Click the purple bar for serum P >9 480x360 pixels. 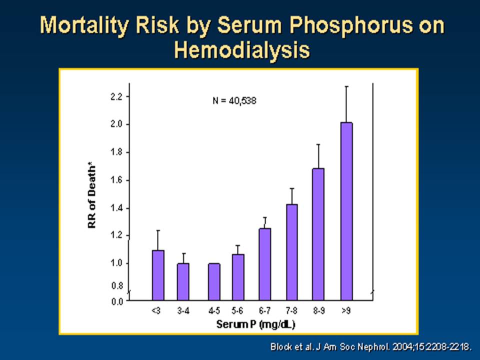(346, 211)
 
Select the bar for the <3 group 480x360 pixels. (158, 275)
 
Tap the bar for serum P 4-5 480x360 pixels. (214, 281)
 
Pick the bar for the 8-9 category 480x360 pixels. (318, 234)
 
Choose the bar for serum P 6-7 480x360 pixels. (265, 264)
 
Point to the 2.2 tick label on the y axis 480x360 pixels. (116, 96)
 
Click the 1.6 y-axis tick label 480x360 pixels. (116, 180)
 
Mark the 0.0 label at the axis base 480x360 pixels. (117, 302)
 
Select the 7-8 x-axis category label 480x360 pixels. (291, 311)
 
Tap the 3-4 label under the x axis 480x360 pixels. (183, 311)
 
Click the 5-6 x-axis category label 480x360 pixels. (237, 311)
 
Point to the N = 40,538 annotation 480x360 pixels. (234, 100)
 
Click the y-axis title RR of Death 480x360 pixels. (91, 197)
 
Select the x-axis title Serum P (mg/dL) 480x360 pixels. (255, 324)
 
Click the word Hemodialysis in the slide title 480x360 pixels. (242, 50)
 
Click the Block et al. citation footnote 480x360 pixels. (370, 347)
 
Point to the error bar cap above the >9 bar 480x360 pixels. (346, 86)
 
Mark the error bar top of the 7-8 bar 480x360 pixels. (291, 188)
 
